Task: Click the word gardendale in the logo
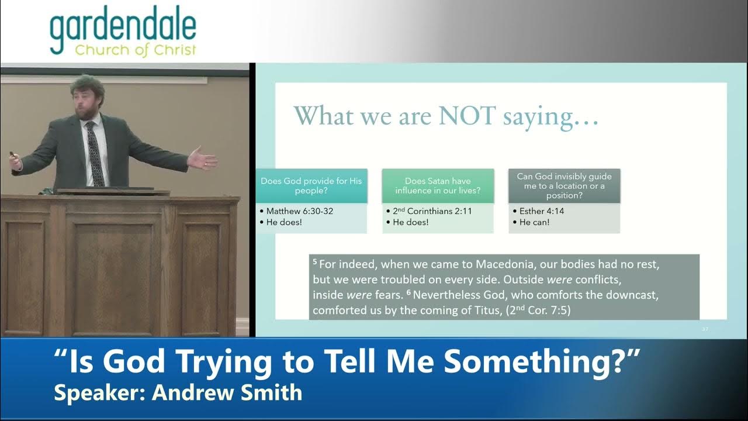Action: pos(123,29)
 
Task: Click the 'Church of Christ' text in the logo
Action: pos(136,50)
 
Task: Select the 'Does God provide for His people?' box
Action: pos(311,186)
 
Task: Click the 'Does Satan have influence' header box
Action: pos(438,186)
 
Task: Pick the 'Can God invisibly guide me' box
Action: pos(564,186)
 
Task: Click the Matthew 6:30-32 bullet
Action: pos(299,211)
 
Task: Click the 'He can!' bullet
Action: pos(534,222)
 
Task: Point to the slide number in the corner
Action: pos(705,329)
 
